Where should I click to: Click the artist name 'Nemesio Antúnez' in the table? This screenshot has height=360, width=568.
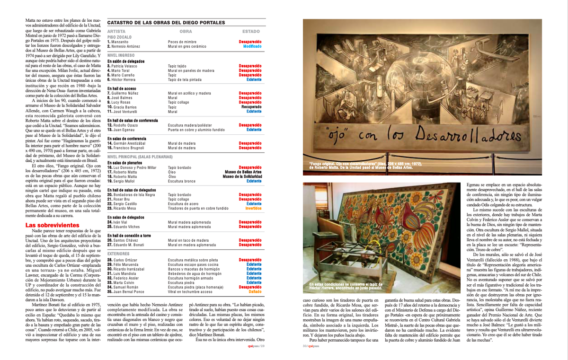[x=125, y=46]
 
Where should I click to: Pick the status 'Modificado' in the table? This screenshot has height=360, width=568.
[x=252, y=46]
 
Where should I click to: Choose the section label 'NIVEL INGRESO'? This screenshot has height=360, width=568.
[x=121, y=55]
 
